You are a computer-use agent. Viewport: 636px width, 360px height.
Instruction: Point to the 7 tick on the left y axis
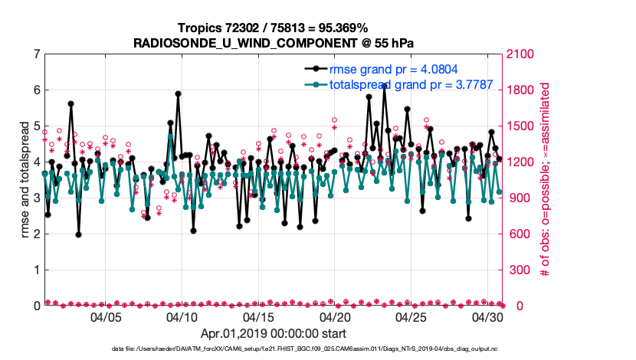pos(36,54)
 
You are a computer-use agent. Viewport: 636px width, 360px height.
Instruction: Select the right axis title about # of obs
pos(546,180)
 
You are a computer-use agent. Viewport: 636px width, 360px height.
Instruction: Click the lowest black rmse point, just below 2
pos(79,234)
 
